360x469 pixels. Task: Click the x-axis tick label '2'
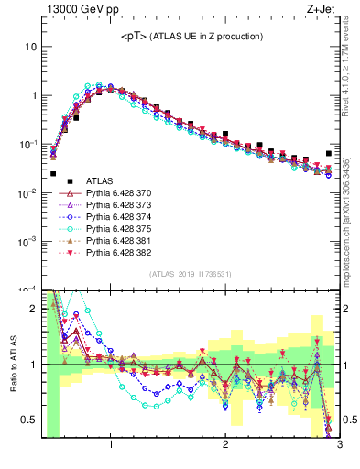click(225, 445)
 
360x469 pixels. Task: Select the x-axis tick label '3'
click(338, 445)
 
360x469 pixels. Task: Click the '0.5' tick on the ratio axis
click(27, 420)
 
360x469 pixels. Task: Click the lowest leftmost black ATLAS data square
click(53, 173)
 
